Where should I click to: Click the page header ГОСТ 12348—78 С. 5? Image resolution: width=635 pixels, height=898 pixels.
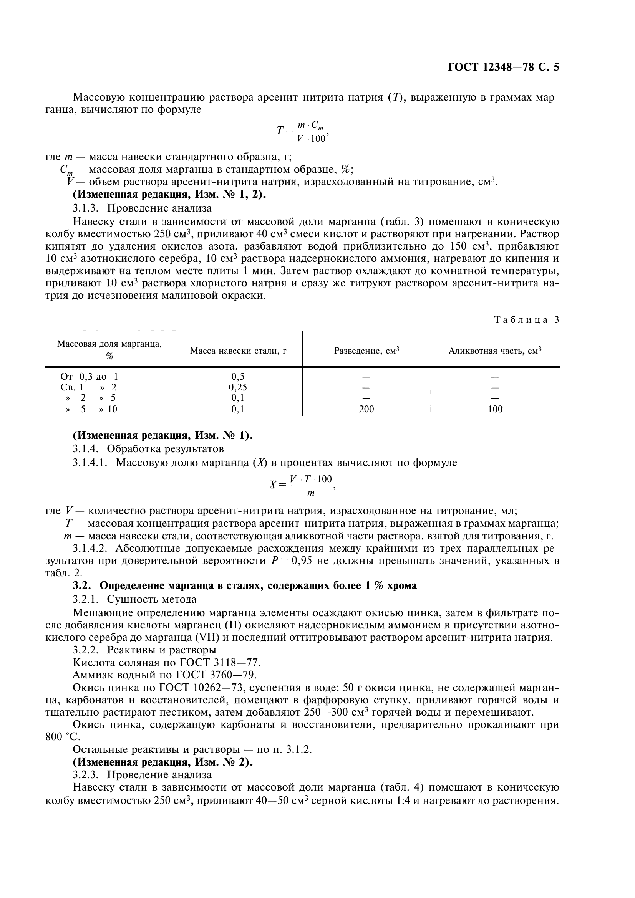503,67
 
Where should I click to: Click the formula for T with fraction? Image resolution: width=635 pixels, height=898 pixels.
302,132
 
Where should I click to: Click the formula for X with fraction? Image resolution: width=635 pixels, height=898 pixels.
301,485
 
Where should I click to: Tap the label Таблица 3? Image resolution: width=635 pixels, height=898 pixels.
527,319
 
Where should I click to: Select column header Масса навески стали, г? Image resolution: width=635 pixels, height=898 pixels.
238,351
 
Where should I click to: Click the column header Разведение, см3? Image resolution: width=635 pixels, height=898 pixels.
366,351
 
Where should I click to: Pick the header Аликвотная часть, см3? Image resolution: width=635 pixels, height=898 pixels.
494,351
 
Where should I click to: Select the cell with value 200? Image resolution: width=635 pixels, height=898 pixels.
366,409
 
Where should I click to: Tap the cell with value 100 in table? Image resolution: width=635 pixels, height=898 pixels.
495,409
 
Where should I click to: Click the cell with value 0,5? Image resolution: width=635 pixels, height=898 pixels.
238,377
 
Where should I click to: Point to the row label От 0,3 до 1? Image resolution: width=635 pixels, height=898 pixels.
89,377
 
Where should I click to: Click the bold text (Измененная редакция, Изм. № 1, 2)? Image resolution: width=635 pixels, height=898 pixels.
169,194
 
